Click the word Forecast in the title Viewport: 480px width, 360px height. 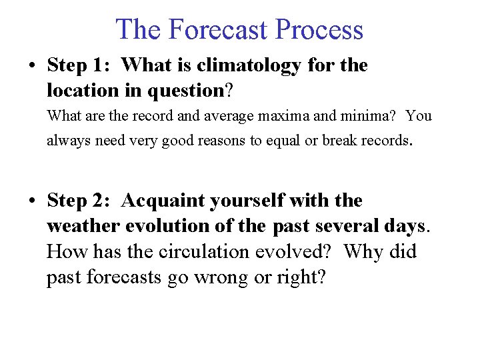coord(218,30)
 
